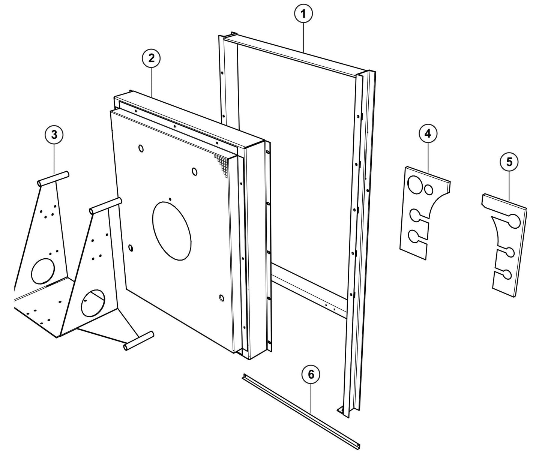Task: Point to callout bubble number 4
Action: (x=428, y=134)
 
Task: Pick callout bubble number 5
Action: (x=509, y=162)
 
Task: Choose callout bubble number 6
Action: (x=311, y=375)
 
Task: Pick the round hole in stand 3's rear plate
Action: (x=43, y=270)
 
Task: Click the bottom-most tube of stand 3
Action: (x=139, y=341)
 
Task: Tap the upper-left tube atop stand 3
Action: (x=53, y=178)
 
